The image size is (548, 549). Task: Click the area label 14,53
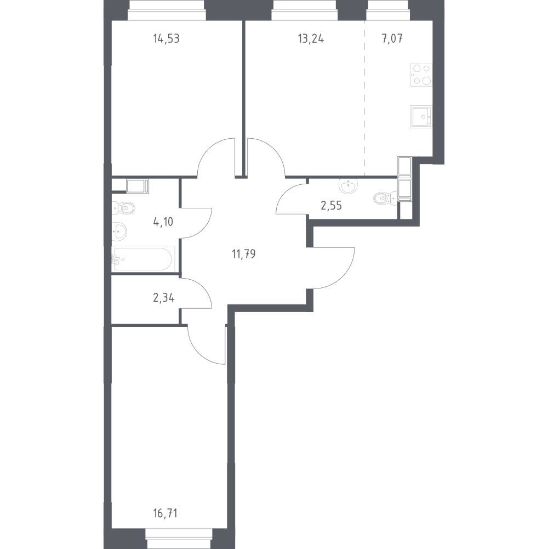tap(166, 38)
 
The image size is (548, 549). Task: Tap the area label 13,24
tap(311, 38)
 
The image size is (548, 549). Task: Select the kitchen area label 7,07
tap(392, 38)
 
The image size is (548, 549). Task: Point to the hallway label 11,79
tap(243, 254)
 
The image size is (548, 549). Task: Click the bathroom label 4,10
tap(163, 222)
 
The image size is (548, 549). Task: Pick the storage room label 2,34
tap(164, 298)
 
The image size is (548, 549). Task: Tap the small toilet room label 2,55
tap(331, 206)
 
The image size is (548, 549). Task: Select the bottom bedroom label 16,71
tap(165, 514)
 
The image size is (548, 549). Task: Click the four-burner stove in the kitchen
tap(421, 75)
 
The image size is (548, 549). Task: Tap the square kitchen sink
tap(421, 117)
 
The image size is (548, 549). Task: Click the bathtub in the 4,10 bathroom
tap(143, 259)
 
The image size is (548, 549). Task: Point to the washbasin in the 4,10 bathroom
tap(119, 231)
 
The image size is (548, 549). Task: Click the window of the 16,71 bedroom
tap(179, 539)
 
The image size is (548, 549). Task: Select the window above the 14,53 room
tap(167, 10)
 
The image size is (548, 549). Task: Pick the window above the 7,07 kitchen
tap(387, 10)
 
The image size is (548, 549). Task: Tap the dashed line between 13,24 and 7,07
tap(364, 98)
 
